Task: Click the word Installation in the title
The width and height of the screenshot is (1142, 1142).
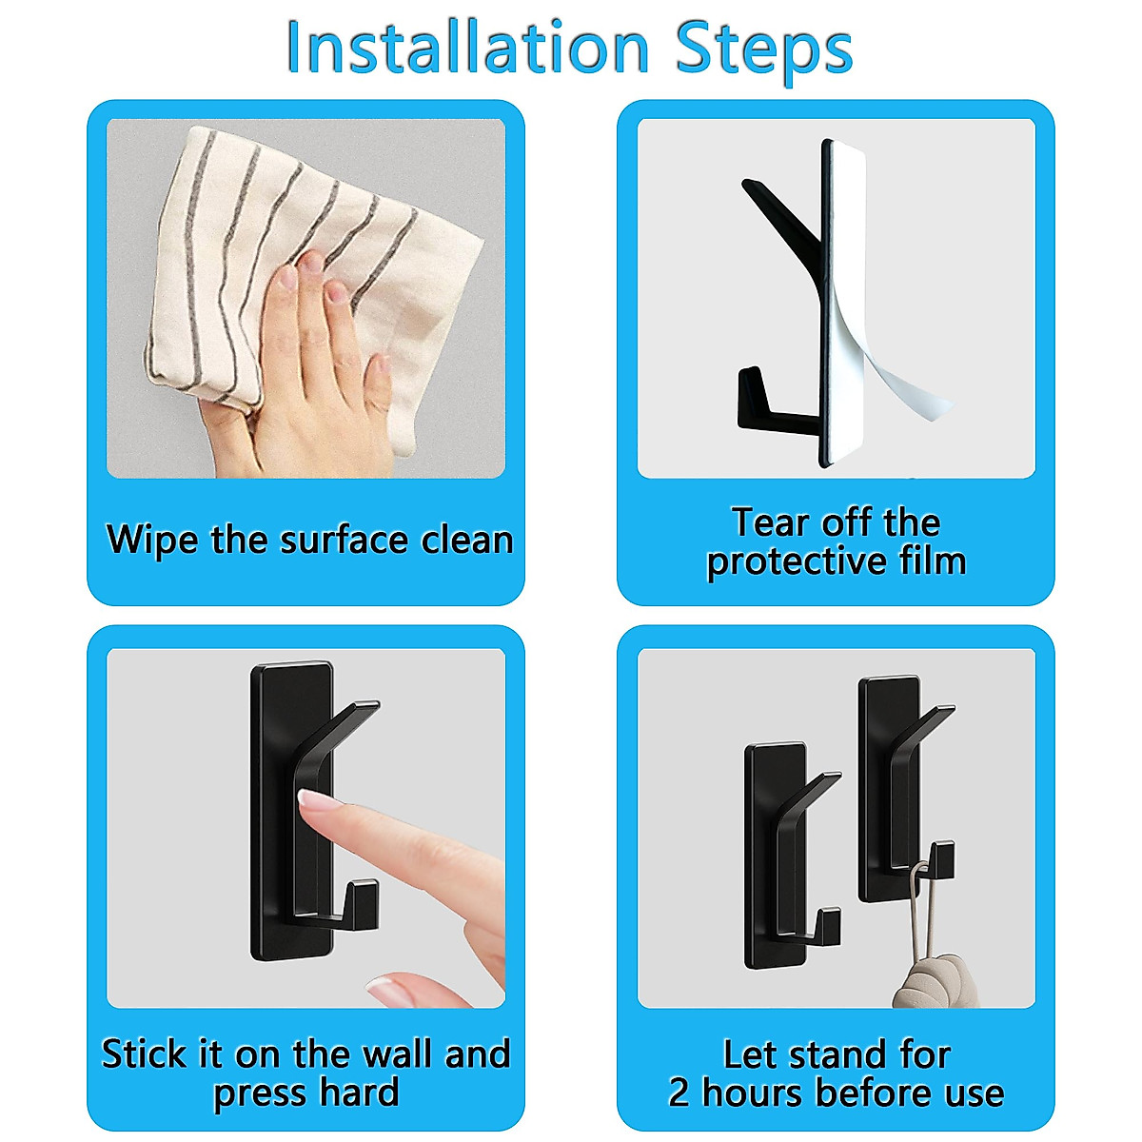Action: [466, 48]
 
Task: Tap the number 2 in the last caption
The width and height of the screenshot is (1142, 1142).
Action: [679, 1093]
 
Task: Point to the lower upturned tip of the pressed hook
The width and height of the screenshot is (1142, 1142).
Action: [363, 899]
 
